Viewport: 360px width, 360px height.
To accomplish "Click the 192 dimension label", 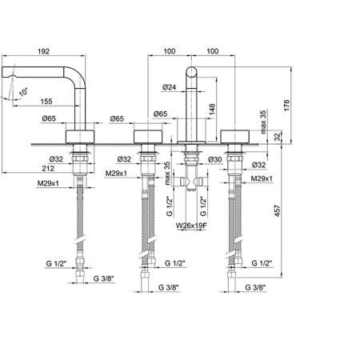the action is pyautogui.click(x=43, y=51).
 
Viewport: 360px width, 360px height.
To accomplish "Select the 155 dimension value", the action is pyautogui.click(x=46, y=102).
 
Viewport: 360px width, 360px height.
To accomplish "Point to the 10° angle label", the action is pyautogui.click(x=23, y=92).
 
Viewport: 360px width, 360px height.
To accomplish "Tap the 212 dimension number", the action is pyautogui.click(x=48, y=168).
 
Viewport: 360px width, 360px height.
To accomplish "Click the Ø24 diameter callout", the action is pyautogui.click(x=169, y=87).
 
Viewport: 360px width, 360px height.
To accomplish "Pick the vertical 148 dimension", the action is pyautogui.click(x=212, y=110).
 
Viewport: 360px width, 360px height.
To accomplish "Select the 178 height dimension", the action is pyautogui.click(x=286, y=106).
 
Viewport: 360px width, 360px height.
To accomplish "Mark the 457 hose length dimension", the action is pyautogui.click(x=278, y=210).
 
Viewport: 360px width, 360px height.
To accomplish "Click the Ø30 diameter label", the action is pyautogui.click(x=215, y=159).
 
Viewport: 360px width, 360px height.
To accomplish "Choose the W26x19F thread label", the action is pyautogui.click(x=191, y=226).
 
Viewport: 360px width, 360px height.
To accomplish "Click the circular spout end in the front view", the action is pyautogui.click(x=191, y=72).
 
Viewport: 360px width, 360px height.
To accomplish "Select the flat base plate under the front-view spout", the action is pyautogui.click(x=191, y=142).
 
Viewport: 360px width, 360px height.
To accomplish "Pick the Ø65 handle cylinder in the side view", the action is pyautogui.click(x=80, y=137).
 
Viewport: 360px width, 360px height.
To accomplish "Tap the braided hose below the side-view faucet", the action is pyautogui.click(x=80, y=214).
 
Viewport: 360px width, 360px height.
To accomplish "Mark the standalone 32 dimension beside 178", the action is pyautogui.click(x=278, y=137).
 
